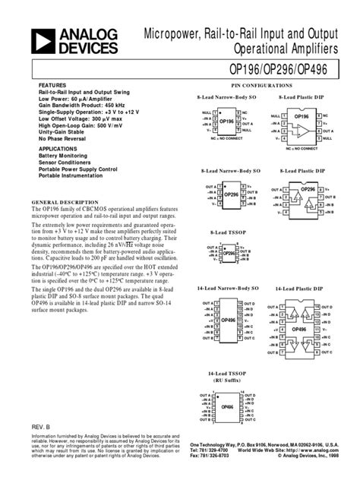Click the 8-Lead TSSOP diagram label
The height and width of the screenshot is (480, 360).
[226, 232]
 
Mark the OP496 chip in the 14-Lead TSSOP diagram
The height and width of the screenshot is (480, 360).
[227, 407]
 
